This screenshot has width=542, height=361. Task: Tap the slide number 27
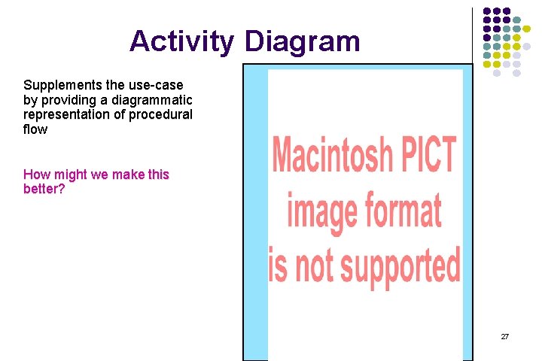[x=504, y=336]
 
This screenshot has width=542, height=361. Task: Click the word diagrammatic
[x=150, y=100]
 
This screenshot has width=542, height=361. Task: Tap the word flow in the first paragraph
[x=35, y=129]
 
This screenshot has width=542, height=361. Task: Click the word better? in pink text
[x=44, y=189]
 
